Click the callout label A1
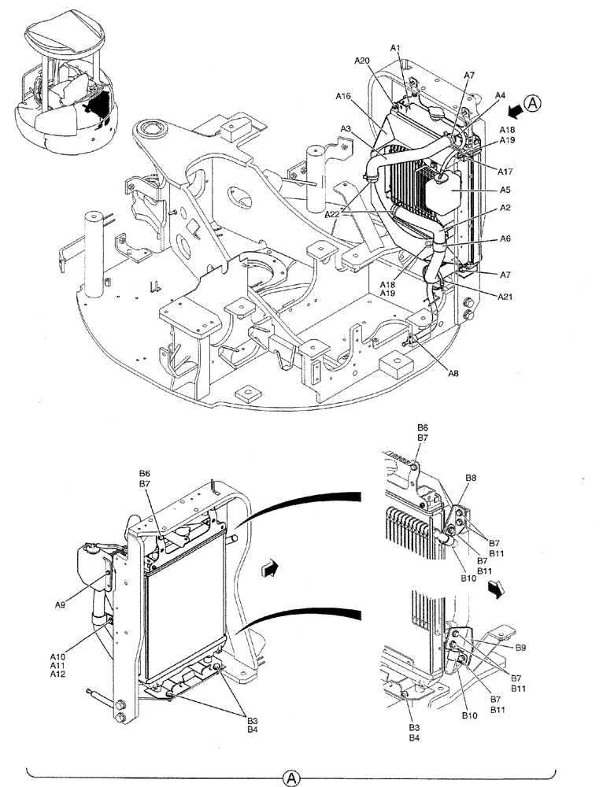point(396,49)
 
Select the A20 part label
point(361,61)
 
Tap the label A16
point(343,96)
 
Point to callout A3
point(346,128)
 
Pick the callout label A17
point(506,168)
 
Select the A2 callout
point(506,209)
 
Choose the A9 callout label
point(60,604)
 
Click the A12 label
point(57,674)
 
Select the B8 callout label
point(471,478)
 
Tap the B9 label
point(521,648)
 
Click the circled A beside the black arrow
point(534,103)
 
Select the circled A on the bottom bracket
point(291,778)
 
